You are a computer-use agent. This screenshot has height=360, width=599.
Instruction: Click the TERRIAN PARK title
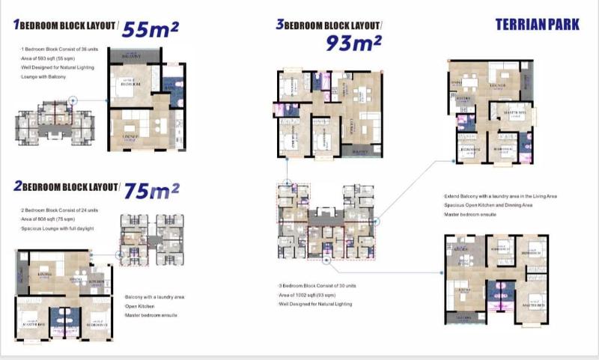coord(537,24)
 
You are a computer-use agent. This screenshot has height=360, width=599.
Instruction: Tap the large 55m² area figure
coord(150,29)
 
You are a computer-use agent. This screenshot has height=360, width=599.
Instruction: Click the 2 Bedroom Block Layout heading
coord(65,186)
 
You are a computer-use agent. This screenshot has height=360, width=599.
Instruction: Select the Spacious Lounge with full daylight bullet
coord(59,228)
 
